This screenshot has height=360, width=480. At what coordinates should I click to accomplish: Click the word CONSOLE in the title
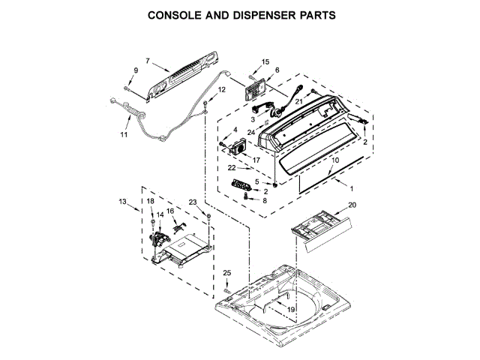pyautogui.click(x=178, y=14)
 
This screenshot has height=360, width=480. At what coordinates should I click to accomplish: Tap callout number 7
pyautogui.click(x=147, y=60)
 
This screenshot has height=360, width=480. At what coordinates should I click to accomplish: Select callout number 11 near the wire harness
pyautogui.click(x=124, y=135)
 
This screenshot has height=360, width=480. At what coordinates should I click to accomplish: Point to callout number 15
pyautogui.click(x=265, y=61)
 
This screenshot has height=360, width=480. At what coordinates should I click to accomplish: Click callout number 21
pyautogui.click(x=297, y=101)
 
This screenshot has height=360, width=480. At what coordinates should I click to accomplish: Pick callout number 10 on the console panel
pyautogui.click(x=334, y=160)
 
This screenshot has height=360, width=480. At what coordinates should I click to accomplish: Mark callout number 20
pyautogui.click(x=352, y=205)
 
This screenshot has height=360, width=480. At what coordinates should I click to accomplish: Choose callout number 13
pyautogui.click(x=123, y=201)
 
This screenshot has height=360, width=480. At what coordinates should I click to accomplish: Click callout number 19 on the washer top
pyautogui.click(x=290, y=309)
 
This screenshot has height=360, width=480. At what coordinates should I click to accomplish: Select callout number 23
pyautogui.click(x=193, y=202)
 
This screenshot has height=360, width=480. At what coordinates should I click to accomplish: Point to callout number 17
pyautogui.click(x=256, y=159)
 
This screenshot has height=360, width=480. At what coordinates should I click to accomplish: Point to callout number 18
pyautogui.click(x=149, y=202)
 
